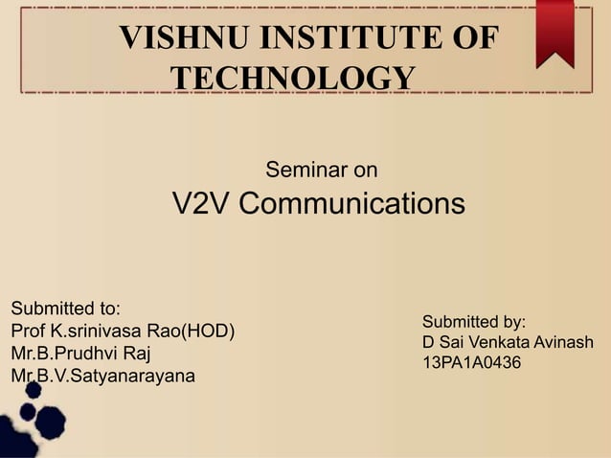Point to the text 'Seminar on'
pos(321,172)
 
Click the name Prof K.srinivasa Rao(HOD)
pos(123,332)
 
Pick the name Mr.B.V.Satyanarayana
pos(102,376)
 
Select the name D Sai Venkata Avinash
pos(508,342)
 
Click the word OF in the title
pos(474,39)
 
